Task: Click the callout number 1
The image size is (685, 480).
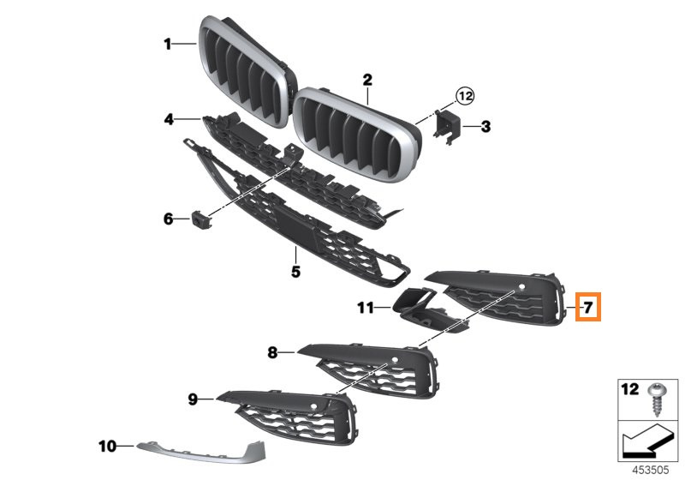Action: [167, 44]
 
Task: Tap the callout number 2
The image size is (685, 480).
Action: [367, 80]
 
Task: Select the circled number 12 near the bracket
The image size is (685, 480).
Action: [465, 95]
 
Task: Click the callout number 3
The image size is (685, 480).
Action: [485, 127]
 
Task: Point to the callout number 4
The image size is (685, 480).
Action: [169, 119]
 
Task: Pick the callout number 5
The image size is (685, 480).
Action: [295, 272]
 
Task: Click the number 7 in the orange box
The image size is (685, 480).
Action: [588, 308]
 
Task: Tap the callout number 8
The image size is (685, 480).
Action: [272, 352]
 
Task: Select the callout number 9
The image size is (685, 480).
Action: [193, 399]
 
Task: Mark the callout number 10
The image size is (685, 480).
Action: [108, 447]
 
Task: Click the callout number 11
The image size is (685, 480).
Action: [366, 308]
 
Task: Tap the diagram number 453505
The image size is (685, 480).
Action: [651, 470]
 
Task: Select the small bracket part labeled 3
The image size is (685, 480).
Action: [446, 126]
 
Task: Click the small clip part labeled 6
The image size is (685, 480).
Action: [201, 219]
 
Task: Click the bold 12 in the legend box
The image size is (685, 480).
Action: [630, 389]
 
